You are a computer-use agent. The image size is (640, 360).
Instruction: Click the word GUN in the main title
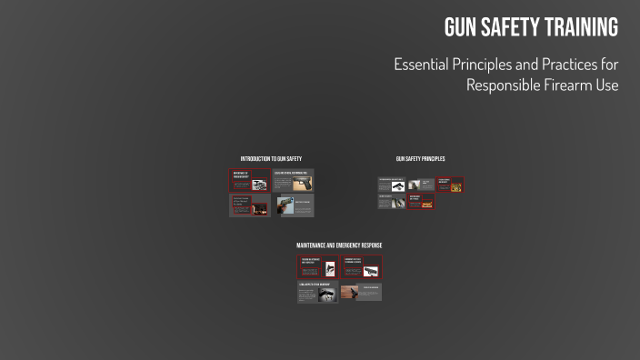click(x=461, y=28)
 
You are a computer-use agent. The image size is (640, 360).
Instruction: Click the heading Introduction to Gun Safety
click(x=271, y=159)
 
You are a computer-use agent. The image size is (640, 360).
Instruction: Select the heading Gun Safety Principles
click(x=420, y=159)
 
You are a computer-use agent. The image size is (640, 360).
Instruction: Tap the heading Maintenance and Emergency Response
click(x=339, y=245)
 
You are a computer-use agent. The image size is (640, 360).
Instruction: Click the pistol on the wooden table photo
click(x=349, y=293)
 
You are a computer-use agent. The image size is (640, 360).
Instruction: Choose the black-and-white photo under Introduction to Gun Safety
click(x=259, y=185)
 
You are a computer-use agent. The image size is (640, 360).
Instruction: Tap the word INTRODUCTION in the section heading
click(x=256, y=159)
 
